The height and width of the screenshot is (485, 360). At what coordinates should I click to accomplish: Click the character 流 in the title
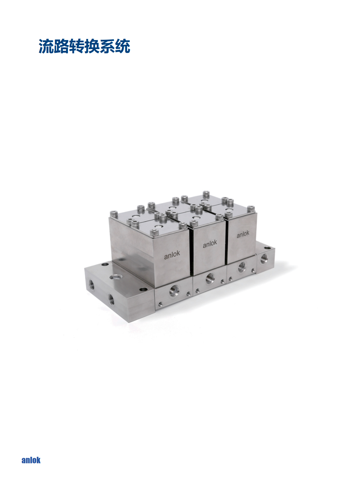(x=46, y=46)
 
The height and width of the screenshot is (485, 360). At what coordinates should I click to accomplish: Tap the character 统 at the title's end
(x=123, y=46)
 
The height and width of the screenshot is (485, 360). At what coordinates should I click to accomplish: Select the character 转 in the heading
(x=77, y=46)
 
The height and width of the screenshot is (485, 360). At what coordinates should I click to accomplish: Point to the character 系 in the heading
(x=107, y=46)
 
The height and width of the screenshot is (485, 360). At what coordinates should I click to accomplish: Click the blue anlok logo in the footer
(x=31, y=460)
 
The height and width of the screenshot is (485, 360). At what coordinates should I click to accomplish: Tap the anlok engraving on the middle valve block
(x=210, y=244)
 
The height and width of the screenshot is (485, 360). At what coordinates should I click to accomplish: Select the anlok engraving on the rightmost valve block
(x=243, y=234)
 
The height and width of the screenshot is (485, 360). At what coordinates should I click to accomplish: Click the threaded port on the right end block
(x=264, y=258)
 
